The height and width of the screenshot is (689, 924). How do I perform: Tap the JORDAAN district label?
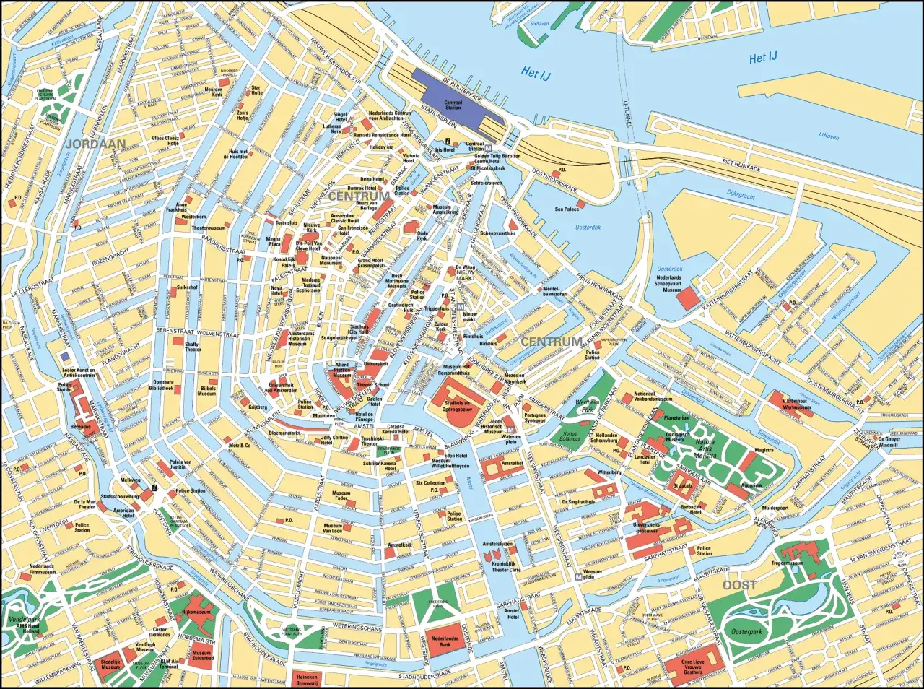95,144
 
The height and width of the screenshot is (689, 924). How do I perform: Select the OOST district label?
739,585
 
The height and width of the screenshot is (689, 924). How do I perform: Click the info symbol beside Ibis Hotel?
448,141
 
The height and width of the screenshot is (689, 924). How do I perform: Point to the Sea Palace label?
567,209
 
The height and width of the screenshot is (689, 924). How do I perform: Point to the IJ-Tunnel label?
625,116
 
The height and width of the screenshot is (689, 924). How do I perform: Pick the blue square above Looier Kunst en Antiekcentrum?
66,356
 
